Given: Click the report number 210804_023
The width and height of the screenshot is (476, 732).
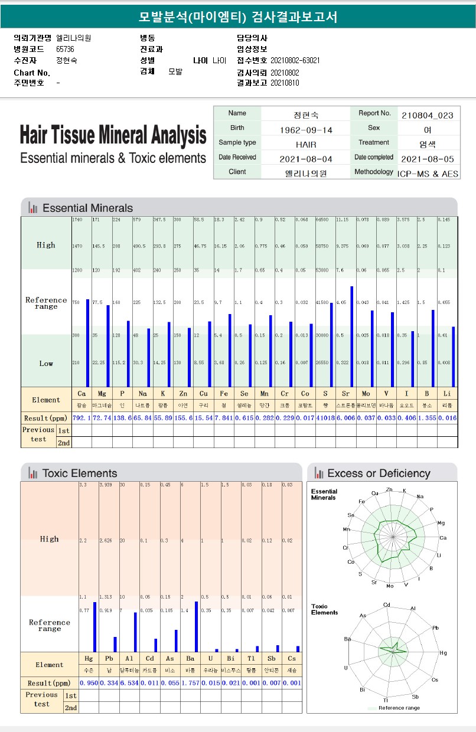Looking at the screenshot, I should [x=427, y=115].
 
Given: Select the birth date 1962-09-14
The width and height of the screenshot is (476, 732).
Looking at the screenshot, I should [x=305, y=130].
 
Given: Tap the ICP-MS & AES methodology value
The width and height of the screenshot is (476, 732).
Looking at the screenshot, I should [x=428, y=174].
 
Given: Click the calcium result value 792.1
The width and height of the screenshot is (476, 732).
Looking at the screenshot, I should [x=81, y=418].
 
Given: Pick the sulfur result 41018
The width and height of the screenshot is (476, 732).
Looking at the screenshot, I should [x=325, y=418].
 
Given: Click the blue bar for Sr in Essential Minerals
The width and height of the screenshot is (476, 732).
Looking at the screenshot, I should [x=352, y=336].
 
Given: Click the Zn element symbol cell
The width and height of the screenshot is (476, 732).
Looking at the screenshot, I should [x=182, y=393].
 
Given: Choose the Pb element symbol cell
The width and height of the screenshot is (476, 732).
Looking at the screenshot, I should [x=109, y=658].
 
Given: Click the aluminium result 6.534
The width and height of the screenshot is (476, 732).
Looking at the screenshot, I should [x=129, y=682].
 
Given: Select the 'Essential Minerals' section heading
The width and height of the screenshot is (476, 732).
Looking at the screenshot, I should [x=88, y=208].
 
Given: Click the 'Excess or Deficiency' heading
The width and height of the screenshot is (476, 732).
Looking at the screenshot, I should [x=379, y=473].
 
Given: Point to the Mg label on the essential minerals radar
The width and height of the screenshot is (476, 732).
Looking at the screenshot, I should [x=441, y=523].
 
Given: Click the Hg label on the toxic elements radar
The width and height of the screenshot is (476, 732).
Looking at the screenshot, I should [x=443, y=653].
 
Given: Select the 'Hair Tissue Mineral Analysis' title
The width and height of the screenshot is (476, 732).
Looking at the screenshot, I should [x=113, y=135].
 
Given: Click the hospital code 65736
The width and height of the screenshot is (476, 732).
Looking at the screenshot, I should [x=65, y=49].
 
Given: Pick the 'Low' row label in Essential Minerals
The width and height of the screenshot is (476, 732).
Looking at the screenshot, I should [x=46, y=364].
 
